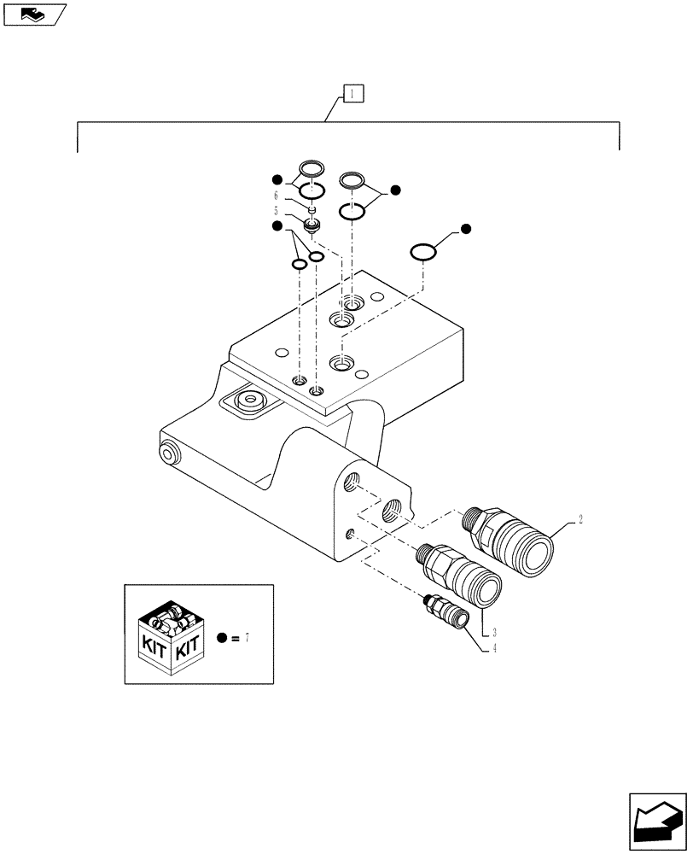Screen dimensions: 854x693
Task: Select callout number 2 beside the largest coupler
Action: coord(581,519)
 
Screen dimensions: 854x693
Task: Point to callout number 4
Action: coord(494,649)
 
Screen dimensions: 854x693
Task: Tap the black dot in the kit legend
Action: coord(222,638)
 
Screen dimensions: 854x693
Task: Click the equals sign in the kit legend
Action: coord(235,638)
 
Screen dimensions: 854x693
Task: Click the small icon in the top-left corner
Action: coord(34,15)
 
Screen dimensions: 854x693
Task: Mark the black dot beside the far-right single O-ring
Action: coord(466,229)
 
